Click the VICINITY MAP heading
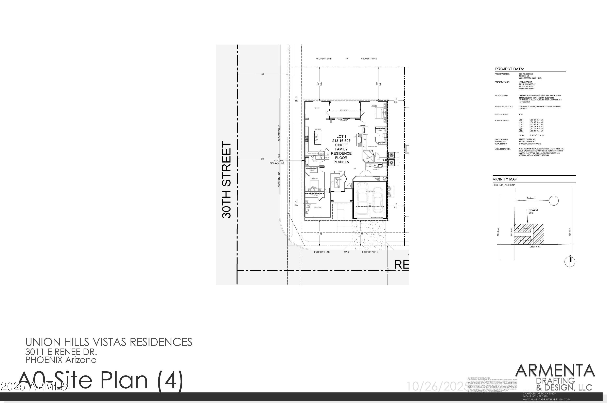pyautogui.click(x=505, y=179)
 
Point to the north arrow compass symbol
pyautogui.click(x=570, y=262)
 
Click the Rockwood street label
pyautogui.click(x=531, y=198)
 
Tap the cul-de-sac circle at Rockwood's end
pyautogui.click(x=554, y=200)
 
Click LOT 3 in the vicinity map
pyautogui.click(x=538, y=230)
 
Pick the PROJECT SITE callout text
pyautogui.click(x=533, y=211)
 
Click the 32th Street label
pyautogui.click(x=570, y=232)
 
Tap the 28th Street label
pyautogui.click(x=498, y=232)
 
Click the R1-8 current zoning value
pyautogui.click(x=521, y=114)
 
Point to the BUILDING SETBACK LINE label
pyautogui.click(x=277, y=162)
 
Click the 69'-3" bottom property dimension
pyautogui.click(x=346, y=252)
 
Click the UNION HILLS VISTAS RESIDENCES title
pyautogui.click(x=109, y=342)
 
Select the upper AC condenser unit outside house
pyautogui.click(x=391, y=155)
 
